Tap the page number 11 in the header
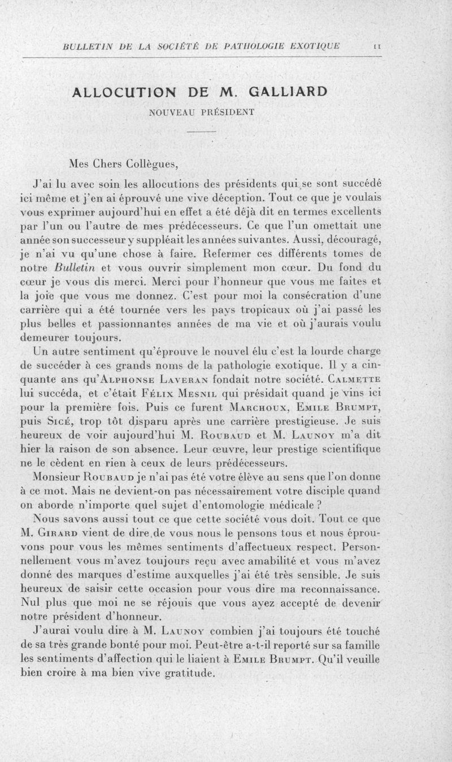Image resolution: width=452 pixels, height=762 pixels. click(x=376, y=46)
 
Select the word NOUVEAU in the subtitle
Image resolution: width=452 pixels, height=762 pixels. click(x=172, y=112)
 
